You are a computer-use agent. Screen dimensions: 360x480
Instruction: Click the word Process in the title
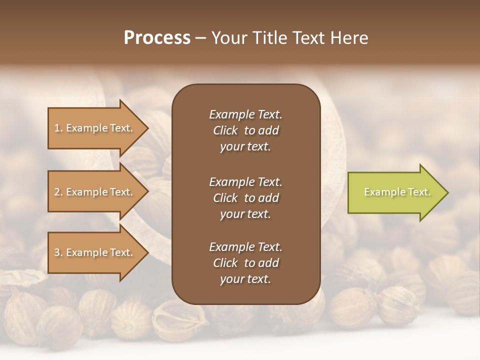coord(157,38)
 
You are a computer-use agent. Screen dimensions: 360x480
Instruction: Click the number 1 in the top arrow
coord(57,128)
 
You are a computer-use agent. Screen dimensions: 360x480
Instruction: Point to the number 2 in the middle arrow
coord(57,192)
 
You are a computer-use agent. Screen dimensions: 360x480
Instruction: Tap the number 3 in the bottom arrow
coord(57,252)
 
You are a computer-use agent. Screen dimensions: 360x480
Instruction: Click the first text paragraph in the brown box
coord(245,130)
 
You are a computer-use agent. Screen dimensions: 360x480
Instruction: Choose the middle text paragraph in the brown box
coord(245,198)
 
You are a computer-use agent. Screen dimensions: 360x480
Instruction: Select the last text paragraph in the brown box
coord(245,263)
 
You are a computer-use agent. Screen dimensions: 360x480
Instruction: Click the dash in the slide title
coord(200,38)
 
